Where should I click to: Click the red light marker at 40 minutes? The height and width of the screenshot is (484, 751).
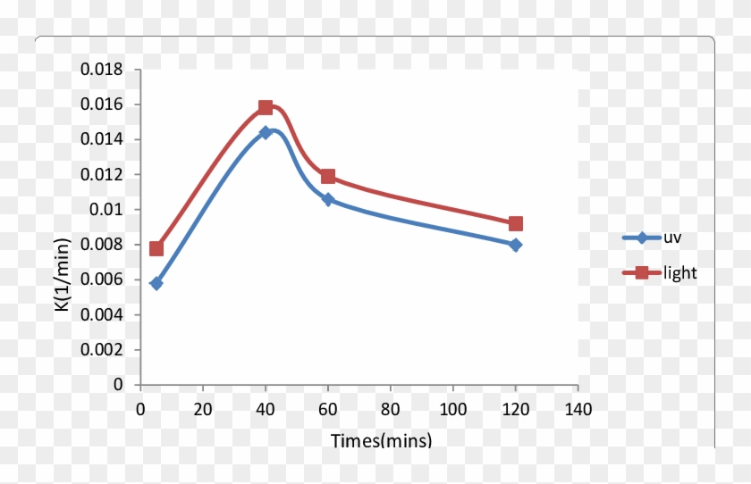click(266, 107)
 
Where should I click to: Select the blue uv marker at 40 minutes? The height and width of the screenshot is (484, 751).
click(266, 132)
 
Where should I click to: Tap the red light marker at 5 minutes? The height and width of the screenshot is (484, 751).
click(156, 248)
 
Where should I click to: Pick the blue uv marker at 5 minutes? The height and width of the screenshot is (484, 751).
click(156, 283)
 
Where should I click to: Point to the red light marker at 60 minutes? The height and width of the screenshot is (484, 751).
click(328, 176)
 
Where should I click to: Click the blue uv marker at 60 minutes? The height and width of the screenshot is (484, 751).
click(328, 199)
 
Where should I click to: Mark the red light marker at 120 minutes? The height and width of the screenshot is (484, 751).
click(516, 223)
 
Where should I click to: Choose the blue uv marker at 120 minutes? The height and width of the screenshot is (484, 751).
click(516, 245)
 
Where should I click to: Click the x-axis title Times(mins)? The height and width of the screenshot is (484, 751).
click(381, 440)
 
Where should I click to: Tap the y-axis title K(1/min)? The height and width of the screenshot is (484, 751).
click(62, 275)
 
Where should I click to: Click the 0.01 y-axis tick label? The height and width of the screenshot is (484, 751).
click(111, 210)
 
